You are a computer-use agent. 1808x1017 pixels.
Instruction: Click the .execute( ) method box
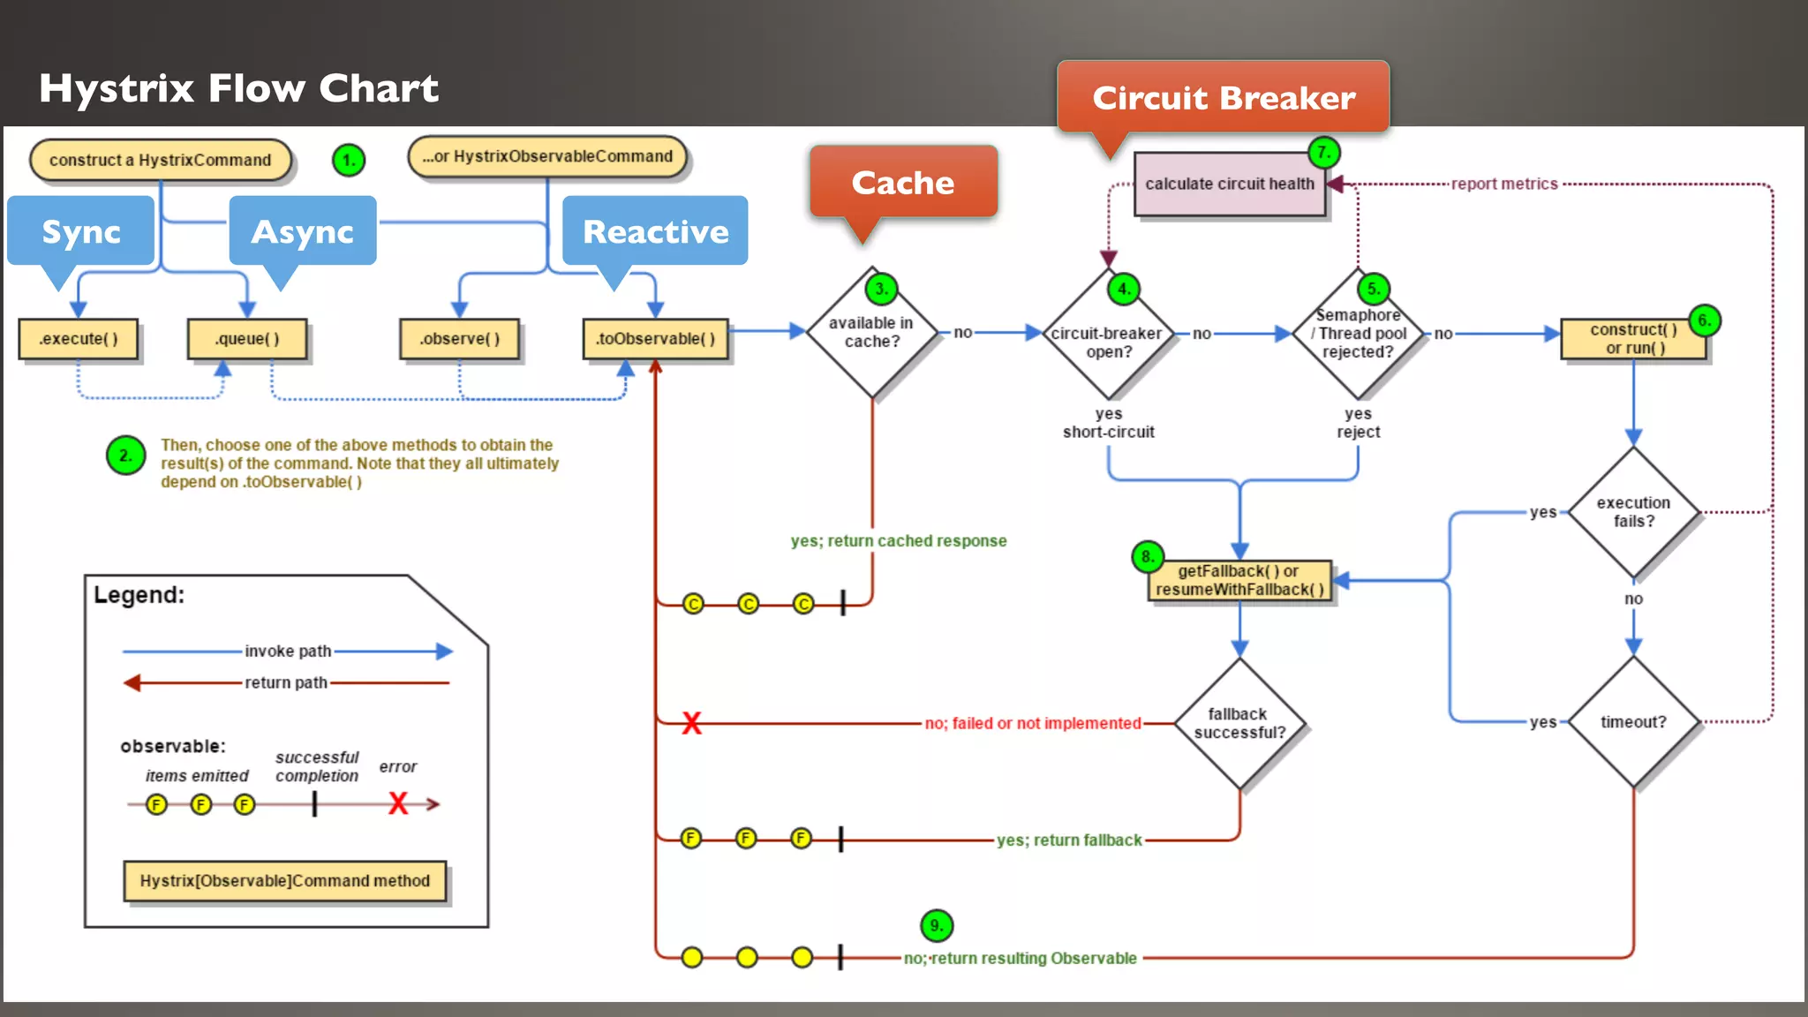click(79, 339)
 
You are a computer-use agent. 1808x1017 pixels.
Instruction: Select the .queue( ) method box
click(247, 339)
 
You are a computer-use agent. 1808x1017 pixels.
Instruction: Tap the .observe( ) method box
click(459, 339)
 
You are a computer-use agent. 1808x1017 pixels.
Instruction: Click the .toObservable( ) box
click(655, 339)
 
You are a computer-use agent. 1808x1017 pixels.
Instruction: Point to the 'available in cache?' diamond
click(871, 333)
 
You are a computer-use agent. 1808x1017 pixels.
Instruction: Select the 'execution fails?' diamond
click(1633, 512)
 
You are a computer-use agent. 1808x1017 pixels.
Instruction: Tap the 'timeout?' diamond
click(1633, 722)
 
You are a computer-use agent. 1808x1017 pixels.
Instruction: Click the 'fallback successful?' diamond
click(1239, 723)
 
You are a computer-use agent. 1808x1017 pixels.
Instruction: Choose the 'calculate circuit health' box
click(1230, 184)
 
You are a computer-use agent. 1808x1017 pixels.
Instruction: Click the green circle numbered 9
click(937, 925)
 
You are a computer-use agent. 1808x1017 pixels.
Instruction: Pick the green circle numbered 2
click(125, 456)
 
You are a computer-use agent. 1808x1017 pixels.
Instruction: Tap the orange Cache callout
click(903, 183)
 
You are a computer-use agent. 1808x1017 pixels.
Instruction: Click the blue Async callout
click(302, 231)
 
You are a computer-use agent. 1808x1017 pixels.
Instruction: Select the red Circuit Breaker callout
click(1224, 97)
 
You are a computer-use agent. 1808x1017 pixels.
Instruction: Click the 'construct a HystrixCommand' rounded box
click(160, 160)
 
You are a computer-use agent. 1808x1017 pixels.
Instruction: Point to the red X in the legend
click(398, 803)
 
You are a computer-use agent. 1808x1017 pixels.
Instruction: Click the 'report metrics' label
click(1504, 184)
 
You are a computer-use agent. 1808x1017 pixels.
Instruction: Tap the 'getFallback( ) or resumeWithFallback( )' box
click(1239, 581)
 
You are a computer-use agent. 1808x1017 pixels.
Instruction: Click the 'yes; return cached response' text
click(898, 540)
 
